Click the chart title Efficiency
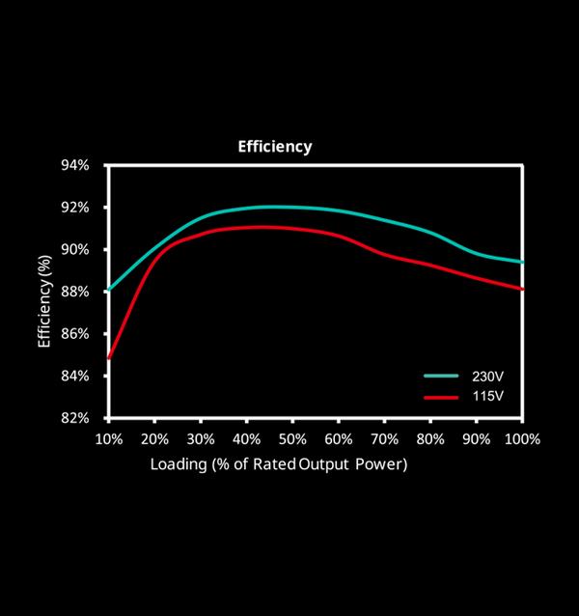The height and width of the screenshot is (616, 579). pyautogui.click(x=275, y=147)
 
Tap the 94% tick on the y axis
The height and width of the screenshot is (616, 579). pyautogui.click(x=75, y=165)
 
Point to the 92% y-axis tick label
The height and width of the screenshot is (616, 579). pyautogui.click(x=75, y=208)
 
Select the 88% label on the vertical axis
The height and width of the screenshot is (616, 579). pyautogui.click(x=75, y=292)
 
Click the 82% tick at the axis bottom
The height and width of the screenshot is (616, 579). pyautogui.click(x=75, y=418)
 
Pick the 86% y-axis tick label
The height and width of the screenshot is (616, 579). pyautogui.click(x=75, y=334)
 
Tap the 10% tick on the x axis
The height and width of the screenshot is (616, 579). pyautogui.click(x=108, y=438)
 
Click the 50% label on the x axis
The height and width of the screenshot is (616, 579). pyautogui.click(x=292, y=438)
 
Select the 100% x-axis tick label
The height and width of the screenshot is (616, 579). pyautogui.click(x=522, y=438)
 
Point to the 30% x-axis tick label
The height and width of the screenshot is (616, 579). pyautogui.click(x=201, y=438)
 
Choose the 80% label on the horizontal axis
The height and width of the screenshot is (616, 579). pyautogui.click(x=430, y=438)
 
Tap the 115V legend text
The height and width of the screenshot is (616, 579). pyautogui.click(x=486, y=397)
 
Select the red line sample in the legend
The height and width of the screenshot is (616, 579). pyautogui.click(x=439, y=397)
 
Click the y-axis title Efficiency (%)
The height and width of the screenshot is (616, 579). pyautogui.click(x=44, y=301)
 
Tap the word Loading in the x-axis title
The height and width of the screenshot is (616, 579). pyautogui.click(x=177, y=464)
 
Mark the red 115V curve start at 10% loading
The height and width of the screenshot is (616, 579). pyautogui.click(x=109, y=358)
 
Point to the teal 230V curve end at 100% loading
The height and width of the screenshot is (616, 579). pyautogui.click(x=522, y=262)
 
